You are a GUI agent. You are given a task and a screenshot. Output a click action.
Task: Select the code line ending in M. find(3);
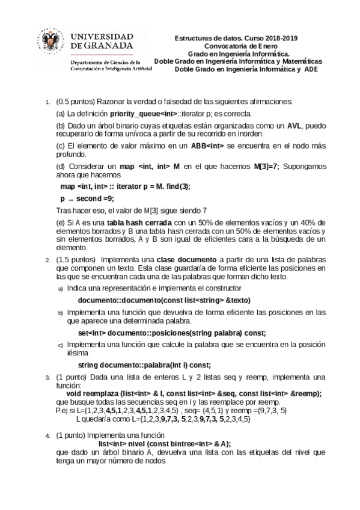125,186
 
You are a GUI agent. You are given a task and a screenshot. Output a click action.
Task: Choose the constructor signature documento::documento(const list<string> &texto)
164,300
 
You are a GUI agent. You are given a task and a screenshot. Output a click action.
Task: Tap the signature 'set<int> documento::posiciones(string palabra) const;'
172,333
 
